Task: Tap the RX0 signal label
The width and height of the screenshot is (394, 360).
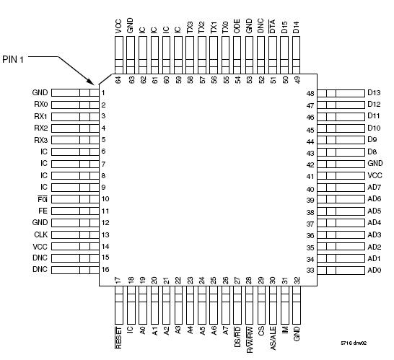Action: point(40,105)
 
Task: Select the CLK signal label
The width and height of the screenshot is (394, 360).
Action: point(40,234)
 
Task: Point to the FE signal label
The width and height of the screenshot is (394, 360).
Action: point(43,211)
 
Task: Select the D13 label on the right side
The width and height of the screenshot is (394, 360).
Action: point(373,93)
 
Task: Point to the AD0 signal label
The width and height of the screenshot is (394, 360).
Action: point(373,270)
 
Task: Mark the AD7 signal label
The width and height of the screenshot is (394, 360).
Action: point(373,188)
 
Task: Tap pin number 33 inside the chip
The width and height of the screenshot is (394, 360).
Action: point(310,270)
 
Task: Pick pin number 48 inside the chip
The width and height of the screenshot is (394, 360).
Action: point(310,93)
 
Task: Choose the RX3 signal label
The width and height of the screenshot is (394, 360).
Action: point(40,140)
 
